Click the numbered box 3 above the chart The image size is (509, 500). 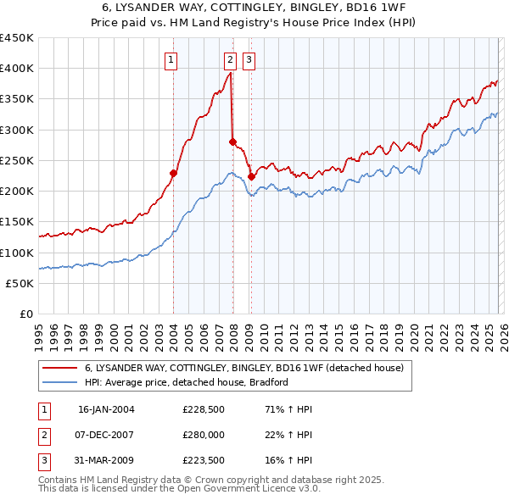tap(249, 59)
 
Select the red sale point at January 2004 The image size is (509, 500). tap(173, 173)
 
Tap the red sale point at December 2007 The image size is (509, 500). tap(232, 142)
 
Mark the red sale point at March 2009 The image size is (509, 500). tap(251, 176)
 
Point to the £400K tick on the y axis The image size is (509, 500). tap(17, 69)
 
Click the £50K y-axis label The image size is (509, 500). tap(20, 283)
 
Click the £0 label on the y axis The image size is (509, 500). tap(27, 314)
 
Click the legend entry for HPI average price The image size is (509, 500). tap(187, 382)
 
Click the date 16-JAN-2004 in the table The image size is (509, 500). tap(106, 409)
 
